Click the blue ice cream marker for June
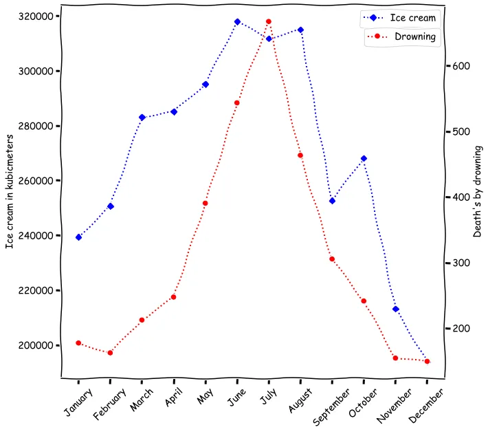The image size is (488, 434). pyautogui.click(x=237, y=22)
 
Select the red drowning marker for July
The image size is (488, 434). pyautogui.click(x=269, y=22)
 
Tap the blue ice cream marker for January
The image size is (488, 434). pyautogui.click(x=79, y=237)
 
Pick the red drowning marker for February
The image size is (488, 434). pyautogui.click(x=111, y=353)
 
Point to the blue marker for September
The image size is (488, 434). pyautogui.click(x=332, y=201)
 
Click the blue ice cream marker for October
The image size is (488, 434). pyautogui.click(x=364, y=159)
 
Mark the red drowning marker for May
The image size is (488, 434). pyautogui.click(x=206, y=204)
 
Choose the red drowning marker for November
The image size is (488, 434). pyautogui.click(x=395, y=358)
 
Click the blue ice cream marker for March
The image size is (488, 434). pyautogui.click(x=142, y=118)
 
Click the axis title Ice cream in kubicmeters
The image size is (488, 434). pyautogui.click(x=10, y=191)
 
